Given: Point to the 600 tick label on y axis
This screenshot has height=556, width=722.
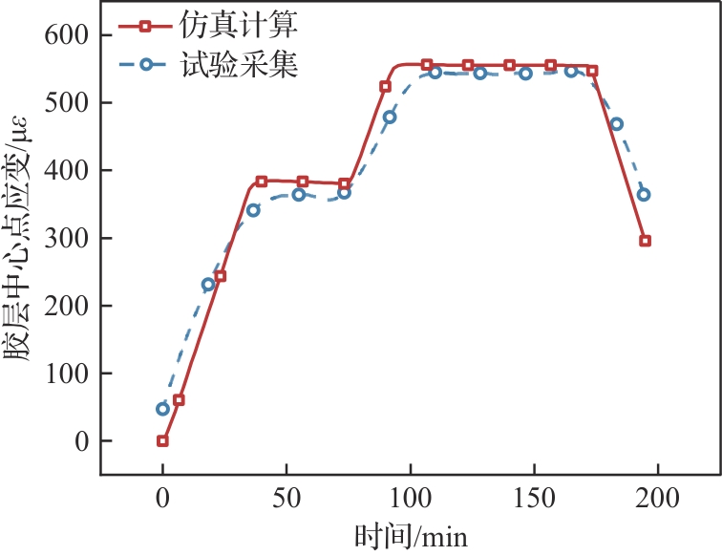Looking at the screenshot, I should pos(66,34).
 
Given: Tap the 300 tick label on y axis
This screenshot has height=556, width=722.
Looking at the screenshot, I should pos(66,238).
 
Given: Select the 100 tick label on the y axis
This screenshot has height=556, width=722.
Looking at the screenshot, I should pos(66,374).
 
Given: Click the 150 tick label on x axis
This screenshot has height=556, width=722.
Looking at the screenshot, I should pos(535,498).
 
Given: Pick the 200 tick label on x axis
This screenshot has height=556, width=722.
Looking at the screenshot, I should pos(659,498).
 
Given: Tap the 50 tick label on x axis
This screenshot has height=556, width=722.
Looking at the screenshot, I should pos(287,498).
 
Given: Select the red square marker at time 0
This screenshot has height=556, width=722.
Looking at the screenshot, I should pos(162,441).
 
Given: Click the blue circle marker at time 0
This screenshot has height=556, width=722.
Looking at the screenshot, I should pos(162,409).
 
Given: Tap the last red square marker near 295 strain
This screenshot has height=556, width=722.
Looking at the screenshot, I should pos(646,241).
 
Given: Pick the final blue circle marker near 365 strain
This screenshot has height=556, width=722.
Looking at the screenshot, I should pos(644,195).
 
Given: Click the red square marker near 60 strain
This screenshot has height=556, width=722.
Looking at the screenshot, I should pos(179,400).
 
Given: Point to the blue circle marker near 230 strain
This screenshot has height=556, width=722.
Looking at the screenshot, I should pos(208,285).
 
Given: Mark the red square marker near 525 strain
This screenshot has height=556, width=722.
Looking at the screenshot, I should pos(386,86).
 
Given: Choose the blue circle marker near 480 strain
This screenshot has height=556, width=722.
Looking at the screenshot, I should pos(390,118).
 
